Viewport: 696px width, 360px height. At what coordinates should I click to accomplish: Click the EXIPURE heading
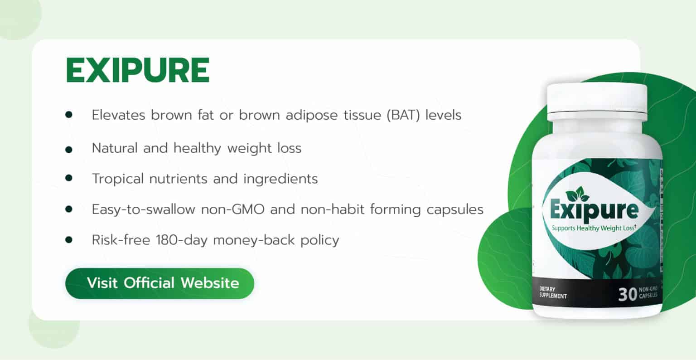pyautogui.click(x=138, y=70)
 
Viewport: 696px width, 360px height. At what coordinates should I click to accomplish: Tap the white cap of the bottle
pyautogui.click(x=597, y=102)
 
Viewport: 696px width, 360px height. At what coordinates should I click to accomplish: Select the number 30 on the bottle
pyautogui.click(x=627, y=295)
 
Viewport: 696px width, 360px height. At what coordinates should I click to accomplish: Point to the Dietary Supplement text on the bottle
pyautogui.click(x=553, y=292)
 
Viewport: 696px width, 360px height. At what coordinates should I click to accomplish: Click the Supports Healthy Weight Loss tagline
pyautogui.click(x=594, y=228)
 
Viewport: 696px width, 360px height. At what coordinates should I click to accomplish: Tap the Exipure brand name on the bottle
pyautogui.click(x=594, y=210)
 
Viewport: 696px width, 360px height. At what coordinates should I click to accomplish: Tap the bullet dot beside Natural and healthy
pyautogui.click(x=69, y=149)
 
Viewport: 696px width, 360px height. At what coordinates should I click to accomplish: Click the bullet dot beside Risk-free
pyautogui.click(x=69, y=240)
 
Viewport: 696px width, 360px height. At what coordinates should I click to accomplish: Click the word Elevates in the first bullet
pyautogui.click(x=119, y=115)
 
